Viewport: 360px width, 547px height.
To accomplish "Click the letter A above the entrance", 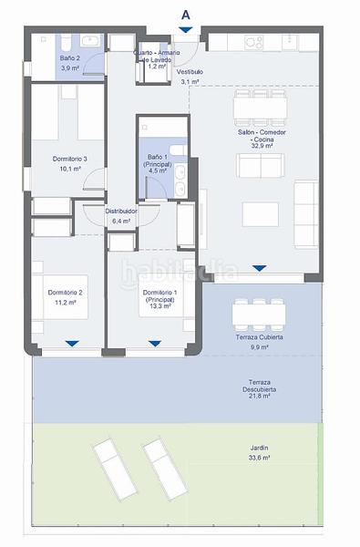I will (x=186, y=14).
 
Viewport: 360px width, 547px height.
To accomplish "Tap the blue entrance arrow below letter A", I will (x=186, y=31).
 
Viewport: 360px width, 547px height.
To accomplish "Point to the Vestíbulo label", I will (x=190, y=70).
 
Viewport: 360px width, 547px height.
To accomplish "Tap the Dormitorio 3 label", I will (x=70, y=159).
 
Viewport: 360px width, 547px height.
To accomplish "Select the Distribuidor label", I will (x=121, y=211).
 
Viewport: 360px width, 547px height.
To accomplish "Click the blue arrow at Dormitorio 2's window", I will (x=72, y=345).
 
